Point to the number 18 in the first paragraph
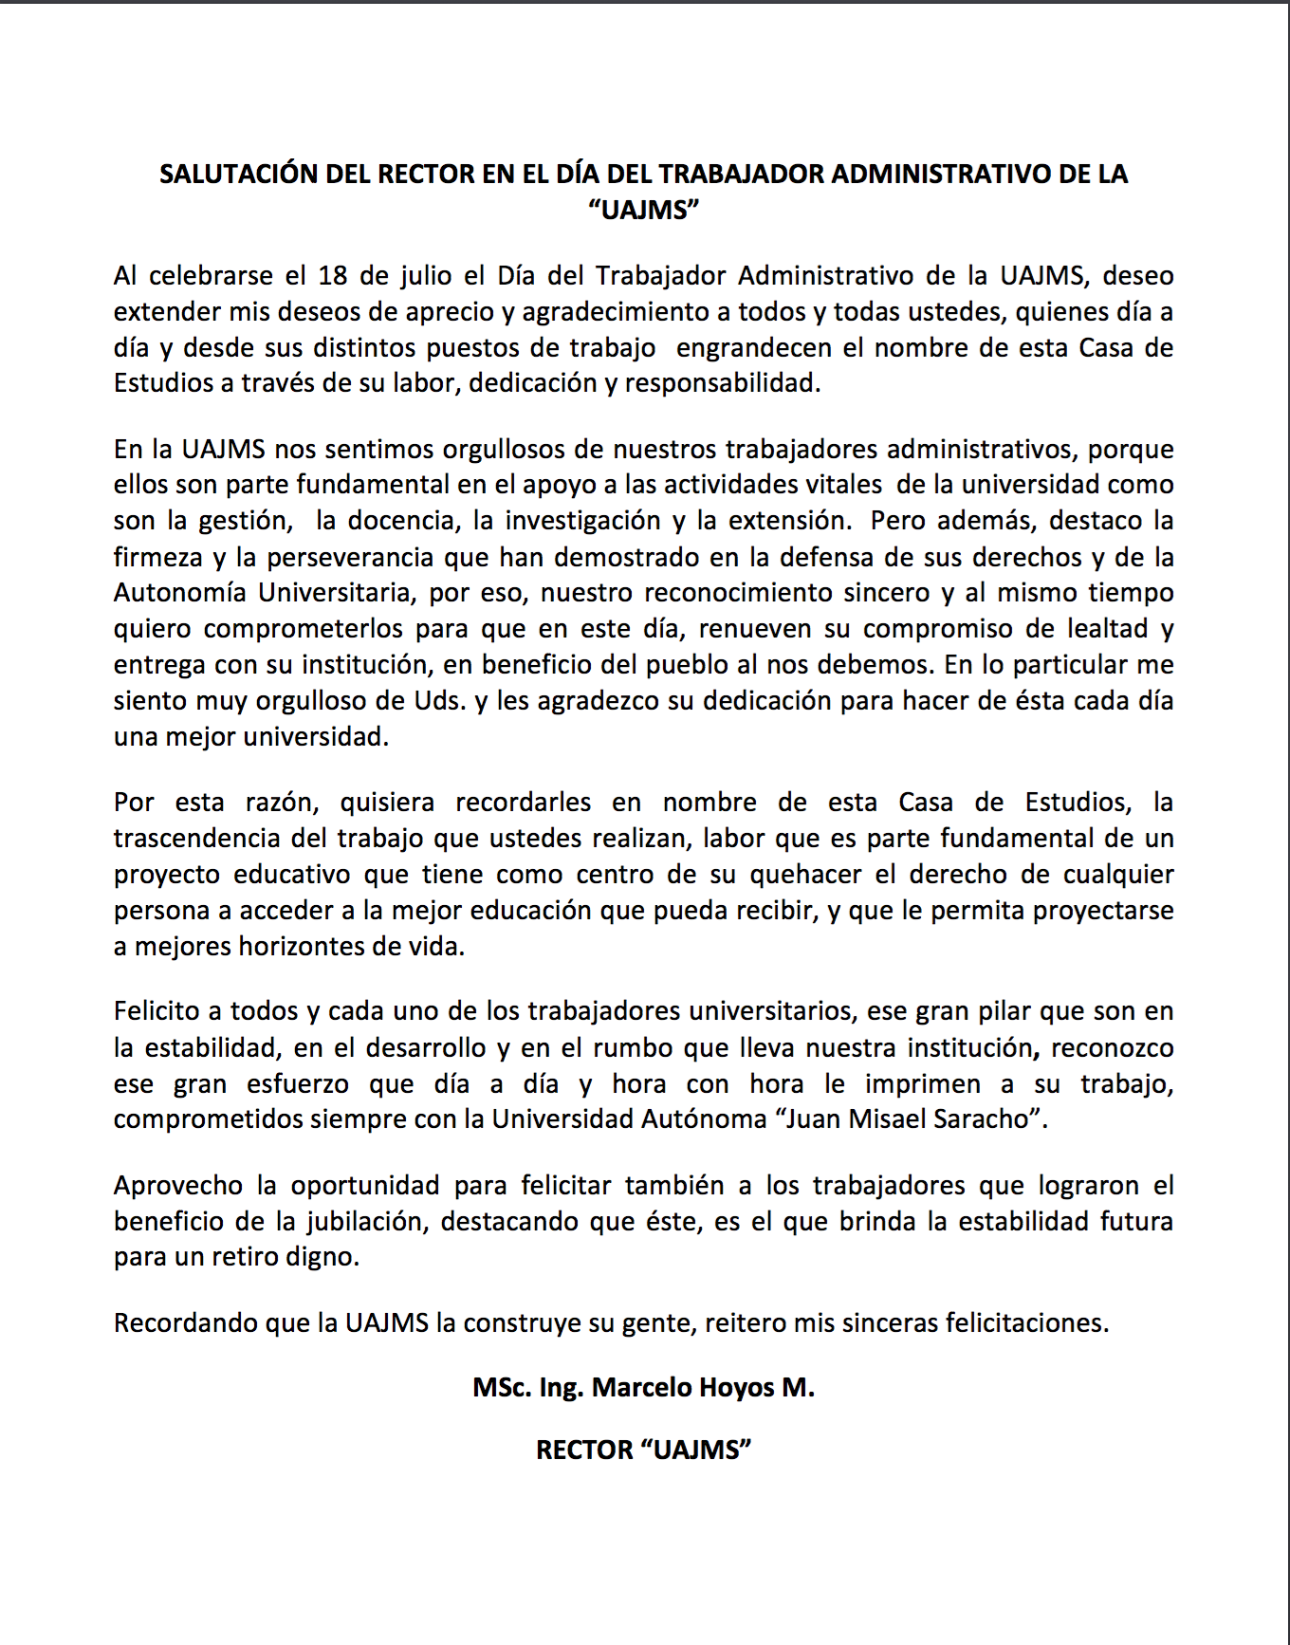(333, 276)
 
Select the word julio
(425, 276)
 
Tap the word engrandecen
(756, 348)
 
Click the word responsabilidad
(721, 384)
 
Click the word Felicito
(157, 1011)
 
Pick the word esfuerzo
(298, 1084)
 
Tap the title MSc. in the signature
(502, 1388)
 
